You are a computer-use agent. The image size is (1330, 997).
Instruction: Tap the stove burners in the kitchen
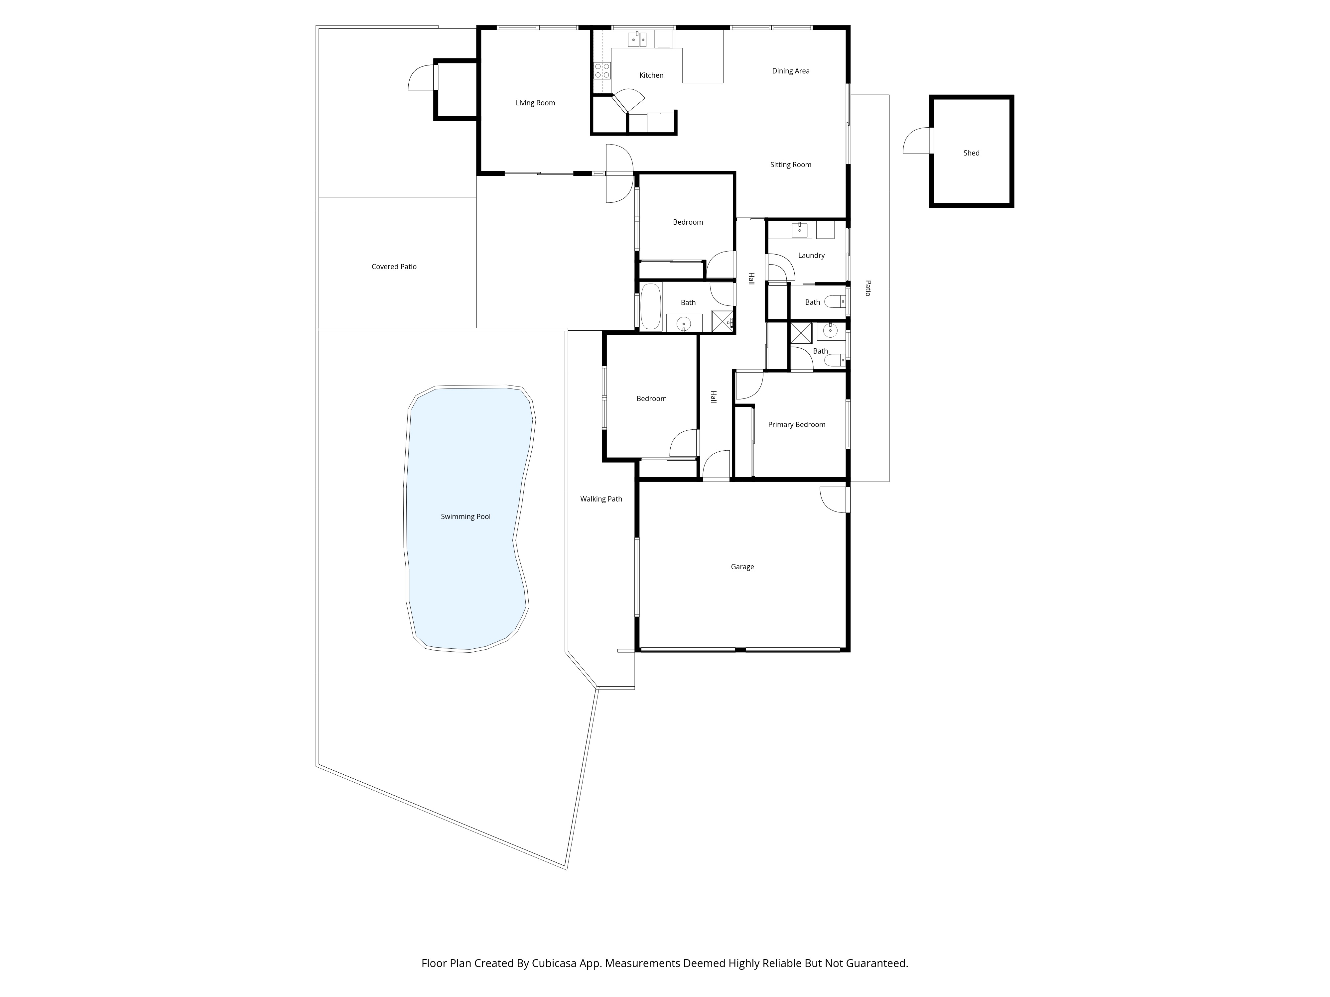(x=602, y=71)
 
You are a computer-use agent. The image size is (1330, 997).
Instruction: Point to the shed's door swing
(x=917, y=142)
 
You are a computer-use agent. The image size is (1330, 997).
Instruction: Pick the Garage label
(x=742, y=567)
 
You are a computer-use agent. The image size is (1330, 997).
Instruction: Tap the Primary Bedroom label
(x=796, y=425)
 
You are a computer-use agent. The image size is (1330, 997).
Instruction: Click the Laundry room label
(x=811, y=256)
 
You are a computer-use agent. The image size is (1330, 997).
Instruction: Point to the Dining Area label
(x=790, y=71)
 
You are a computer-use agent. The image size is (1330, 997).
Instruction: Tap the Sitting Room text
(x=790, y=165)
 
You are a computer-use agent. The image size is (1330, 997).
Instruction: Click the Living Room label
(x=535, y=103)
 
